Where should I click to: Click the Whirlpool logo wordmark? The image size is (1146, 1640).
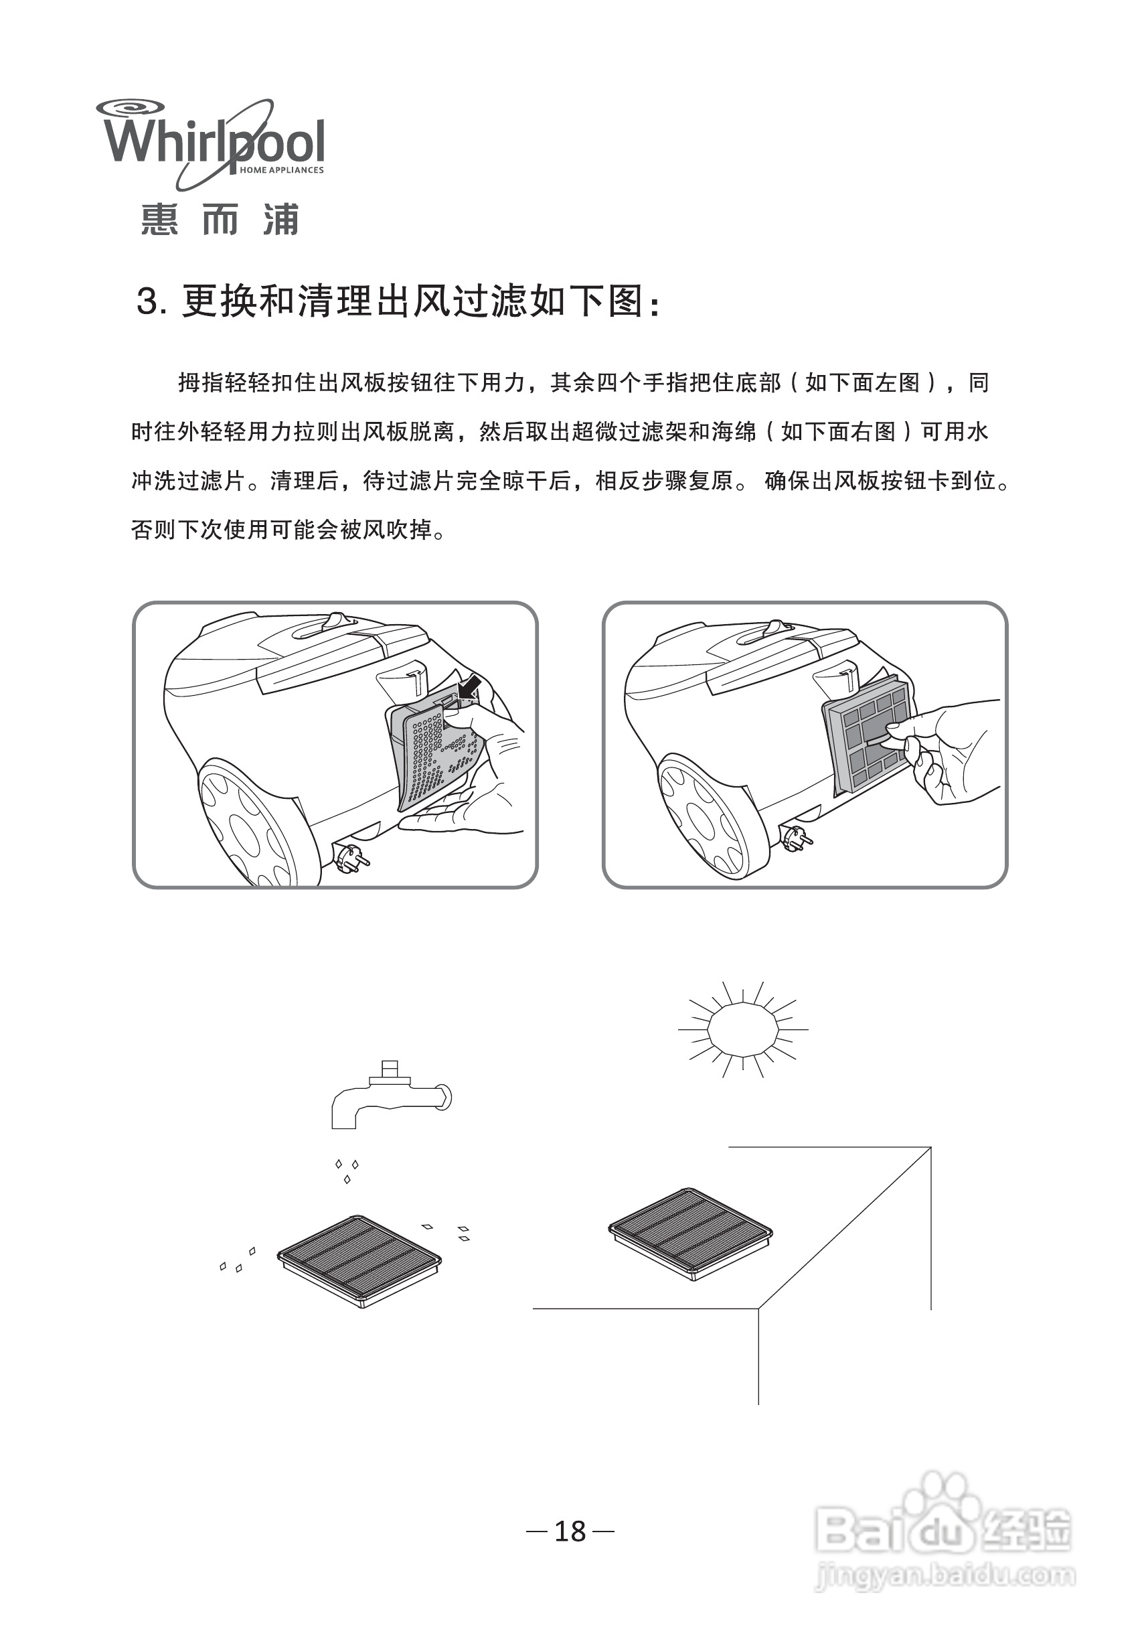coord(214,142)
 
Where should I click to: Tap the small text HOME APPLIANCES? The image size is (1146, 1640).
coord(281,170)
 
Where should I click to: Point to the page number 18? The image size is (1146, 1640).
coord(570,1532)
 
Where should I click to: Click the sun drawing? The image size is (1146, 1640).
coord(742,1029)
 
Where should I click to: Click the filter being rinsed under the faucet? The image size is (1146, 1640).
coord(359,1260)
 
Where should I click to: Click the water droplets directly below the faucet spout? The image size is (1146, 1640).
coord(347,1170)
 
